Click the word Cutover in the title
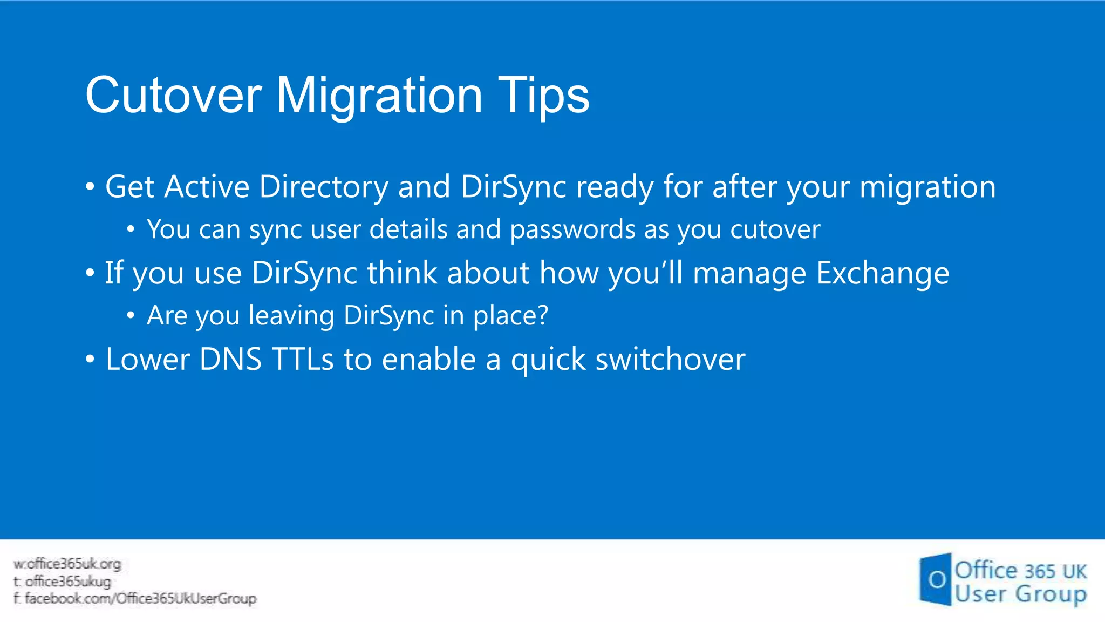pyautogui.click(x=173, y=96)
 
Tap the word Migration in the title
pyautogui.click(x=379, y=96)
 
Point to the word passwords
pyautogui.click(x=572, y=229)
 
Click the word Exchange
pyautogui.click(x=883, y=273)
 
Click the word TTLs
pyautogui.click(x=303, y=359)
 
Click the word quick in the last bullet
pyautogui.click(x=548, y=360)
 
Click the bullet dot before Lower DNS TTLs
pyautogui.click(x=90, y=360)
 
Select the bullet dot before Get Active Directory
pyautogui.click(x=90, y=187)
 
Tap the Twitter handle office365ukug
pyautogui.click(x=68, y=582)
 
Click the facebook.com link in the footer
pyautogui.click(x=140, y=599)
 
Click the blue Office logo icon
pyautogui.click(x=935, y=579)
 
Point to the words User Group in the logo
pyautogui.click(x=1020, y=593)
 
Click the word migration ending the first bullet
pyautogui.click(x=927, y=187)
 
